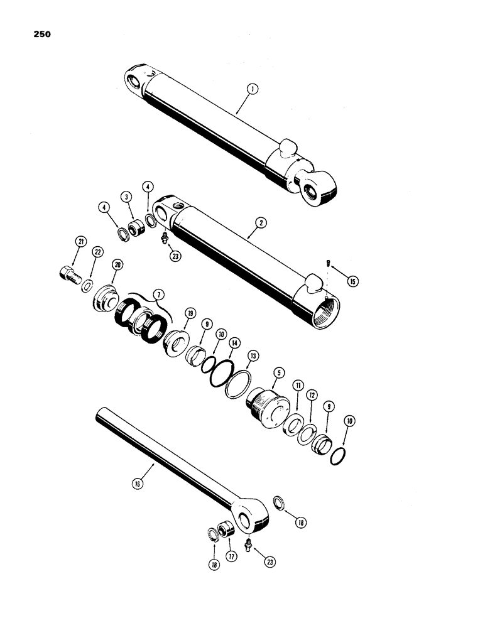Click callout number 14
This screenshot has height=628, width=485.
point(234,344)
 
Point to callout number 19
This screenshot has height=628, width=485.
point(188,313)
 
